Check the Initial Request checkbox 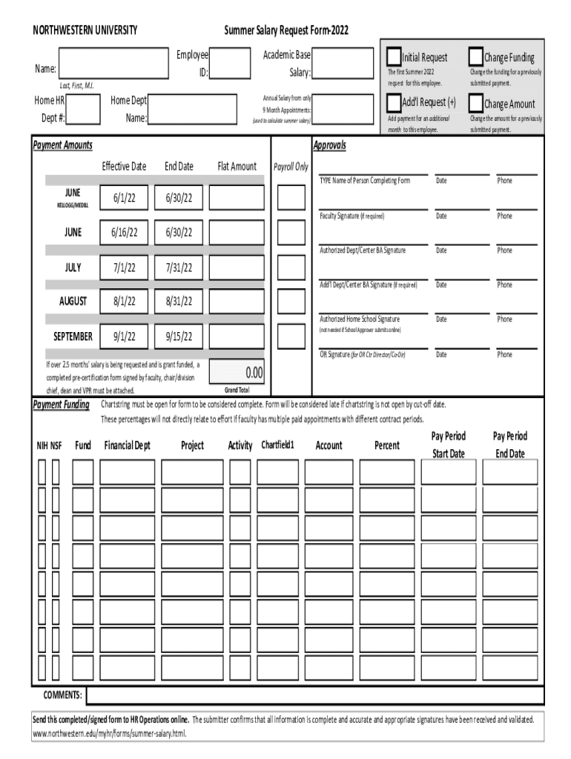tap(393, 56)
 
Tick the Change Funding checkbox tap(475, 56)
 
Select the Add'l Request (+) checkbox tap(393, 102)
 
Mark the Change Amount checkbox tap(475, 102)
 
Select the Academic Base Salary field tap(344, 64)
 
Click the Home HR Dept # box tap(83, 109)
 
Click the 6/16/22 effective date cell tap(125, 233)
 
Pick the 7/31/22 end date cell tap(179, 267)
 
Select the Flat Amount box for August tap(237, 301)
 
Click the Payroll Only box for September tap(291, 336)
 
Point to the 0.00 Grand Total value tap(237, 371)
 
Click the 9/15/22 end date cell tap(179, 336)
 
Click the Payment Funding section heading tap(62, 405)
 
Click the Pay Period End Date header tap(510, 445)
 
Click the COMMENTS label tap(62, 695)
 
